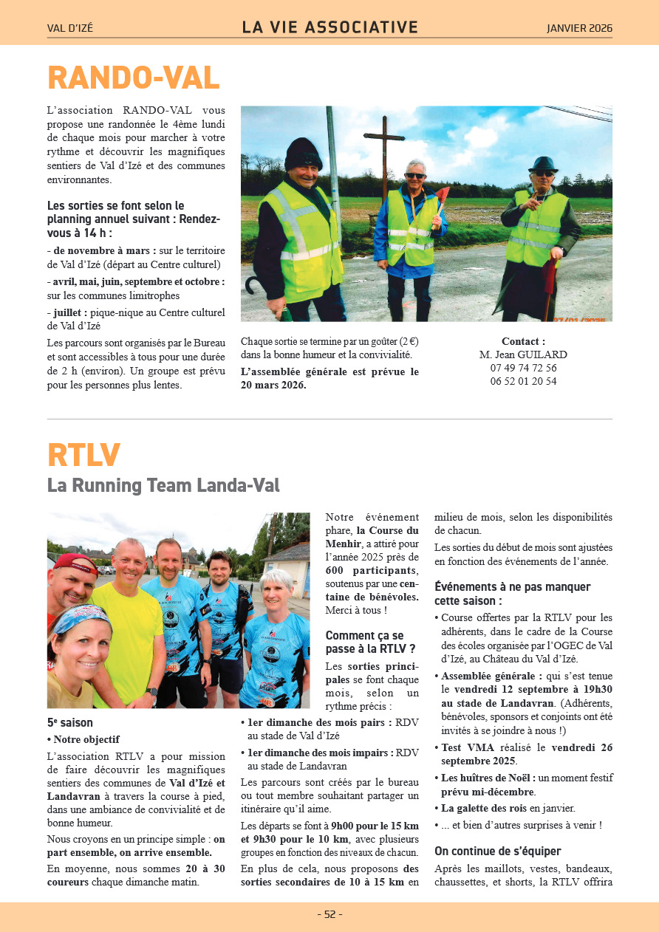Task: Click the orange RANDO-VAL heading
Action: click(x=134, y=78)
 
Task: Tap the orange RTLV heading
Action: click(x=83, y=455)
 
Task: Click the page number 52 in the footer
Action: click(x=329, y=914)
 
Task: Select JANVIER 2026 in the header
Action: click(x=579, y=29)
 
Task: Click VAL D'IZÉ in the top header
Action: click(x=70, y=29)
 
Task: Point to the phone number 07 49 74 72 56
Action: click(x=523, y=368)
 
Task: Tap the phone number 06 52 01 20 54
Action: click(x=523, y=381)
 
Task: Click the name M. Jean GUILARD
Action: click(x=523, y=354)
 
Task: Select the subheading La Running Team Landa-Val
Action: click(x=163, y=486)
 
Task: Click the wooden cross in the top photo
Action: click(x=384, y=148)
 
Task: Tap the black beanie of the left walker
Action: click(x=303, y=154)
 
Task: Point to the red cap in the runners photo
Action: click(x=75, y=563)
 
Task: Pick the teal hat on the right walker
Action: click(x=543, y=163)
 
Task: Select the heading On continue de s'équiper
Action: click(x=498, y=852)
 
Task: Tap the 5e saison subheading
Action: click(x=70, y=723)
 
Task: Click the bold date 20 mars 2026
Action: click(x=273, y=385)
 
